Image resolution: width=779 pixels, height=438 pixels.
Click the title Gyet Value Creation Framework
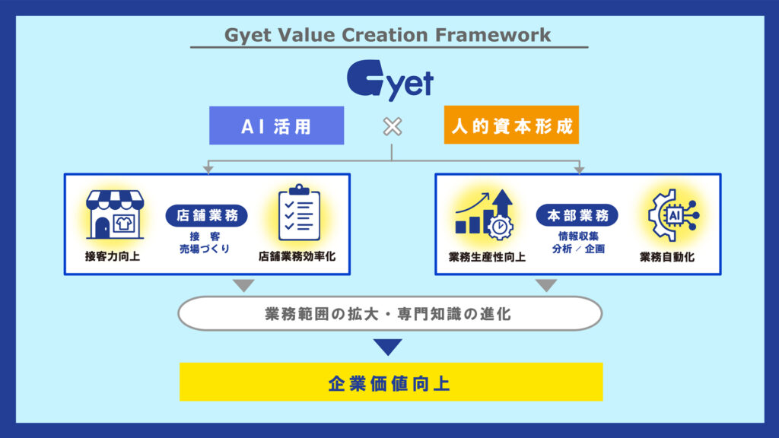[388, 35]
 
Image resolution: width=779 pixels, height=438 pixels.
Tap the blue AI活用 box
[276, 125]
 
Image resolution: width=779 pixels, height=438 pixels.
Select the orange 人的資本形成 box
[511, 125]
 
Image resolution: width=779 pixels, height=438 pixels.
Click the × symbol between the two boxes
[392, 126]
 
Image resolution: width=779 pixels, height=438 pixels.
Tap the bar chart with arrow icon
[484, 214]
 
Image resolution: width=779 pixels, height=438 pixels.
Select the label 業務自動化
[667, 256]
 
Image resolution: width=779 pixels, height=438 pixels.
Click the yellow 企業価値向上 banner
[390, 382]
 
